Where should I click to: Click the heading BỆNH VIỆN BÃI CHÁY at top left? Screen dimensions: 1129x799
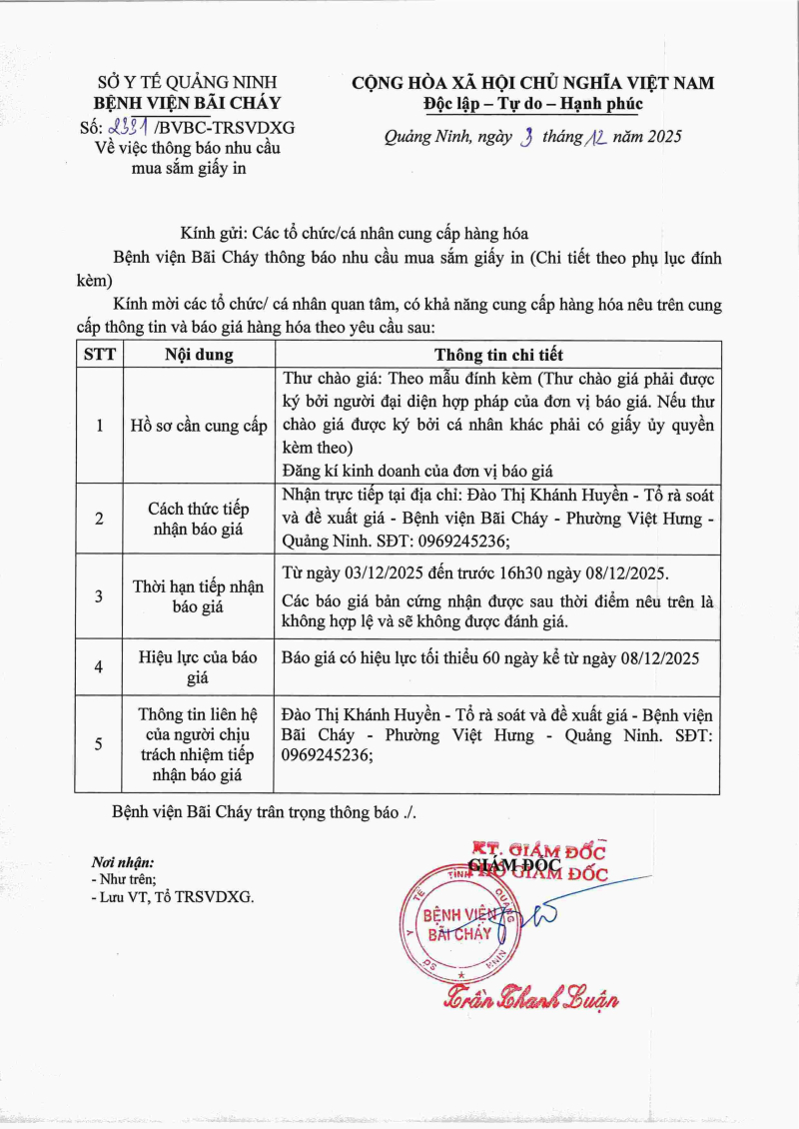pos(187,103)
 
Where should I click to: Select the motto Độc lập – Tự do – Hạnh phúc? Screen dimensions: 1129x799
pos(532,103)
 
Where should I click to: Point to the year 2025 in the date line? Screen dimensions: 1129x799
pos(662,138)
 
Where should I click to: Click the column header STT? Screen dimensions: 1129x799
pos(98,355)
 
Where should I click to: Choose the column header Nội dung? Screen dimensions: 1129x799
pos(199,355)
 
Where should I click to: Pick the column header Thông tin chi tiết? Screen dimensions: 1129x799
pos(497,355)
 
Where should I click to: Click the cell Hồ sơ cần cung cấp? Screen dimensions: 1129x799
pos(199,426)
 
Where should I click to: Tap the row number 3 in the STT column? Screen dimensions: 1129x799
pos(98,596)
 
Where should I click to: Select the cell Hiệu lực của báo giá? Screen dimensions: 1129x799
pos(199,667)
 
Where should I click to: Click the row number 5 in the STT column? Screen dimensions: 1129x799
pos(98,744)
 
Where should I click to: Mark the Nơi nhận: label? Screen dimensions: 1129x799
pos(123,861)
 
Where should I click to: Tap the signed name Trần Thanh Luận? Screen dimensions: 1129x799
pos(531,997)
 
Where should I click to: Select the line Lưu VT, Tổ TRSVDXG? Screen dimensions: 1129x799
pos(172,897)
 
